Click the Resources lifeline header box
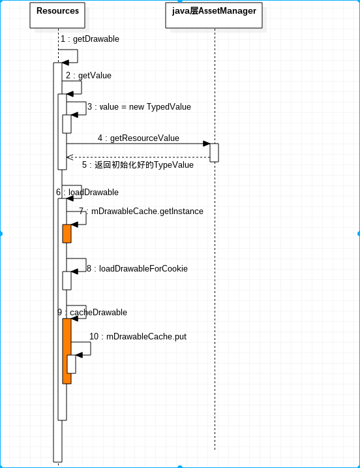coord(57,15)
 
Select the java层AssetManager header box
coord(214,15)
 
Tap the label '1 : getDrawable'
coord(90,39)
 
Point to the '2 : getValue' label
coord(89,76)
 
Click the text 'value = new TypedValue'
coord(145,107)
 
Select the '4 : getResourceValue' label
coord(138,138)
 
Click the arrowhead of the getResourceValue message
coord(206,144)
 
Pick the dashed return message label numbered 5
coord(138,164)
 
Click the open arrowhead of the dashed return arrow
coord(70,157)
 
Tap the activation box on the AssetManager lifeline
coord(214,153)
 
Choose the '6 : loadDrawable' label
coord(87,192)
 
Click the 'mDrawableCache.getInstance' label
coord(147,211)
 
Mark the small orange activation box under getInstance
coord(67,234)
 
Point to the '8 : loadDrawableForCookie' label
coord(137,269)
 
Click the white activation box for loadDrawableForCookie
coord(67,281)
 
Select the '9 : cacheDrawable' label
coord(92,312)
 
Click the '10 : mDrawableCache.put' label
coord(138,336)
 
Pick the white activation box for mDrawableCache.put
coord(71,364)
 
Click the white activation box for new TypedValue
coord(67,124)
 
